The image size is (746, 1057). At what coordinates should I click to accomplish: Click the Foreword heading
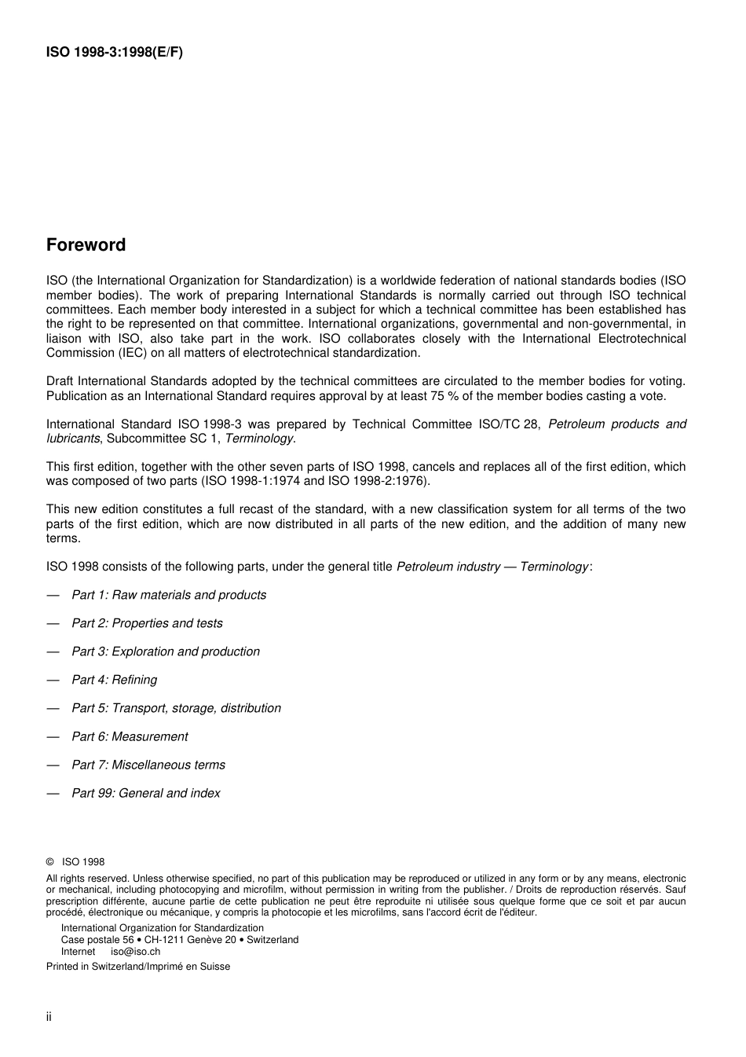(x=86, y=245)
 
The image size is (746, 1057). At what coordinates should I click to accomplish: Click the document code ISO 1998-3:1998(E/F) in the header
(x=115, y=53)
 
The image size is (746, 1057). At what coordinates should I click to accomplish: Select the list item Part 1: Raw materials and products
(x=169, y=595)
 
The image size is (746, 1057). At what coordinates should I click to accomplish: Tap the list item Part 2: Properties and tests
(x=147, y=623)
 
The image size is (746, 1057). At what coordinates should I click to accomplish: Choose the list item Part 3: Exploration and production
(x=166, y=651)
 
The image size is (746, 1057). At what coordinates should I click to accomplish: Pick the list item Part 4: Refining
(x=115, y=680)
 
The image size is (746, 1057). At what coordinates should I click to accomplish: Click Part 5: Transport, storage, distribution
(x=176, y=708)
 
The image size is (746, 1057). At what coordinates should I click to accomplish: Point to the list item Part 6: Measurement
(x=130, y=736)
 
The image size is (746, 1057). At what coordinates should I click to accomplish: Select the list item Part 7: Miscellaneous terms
(x=148, y=765)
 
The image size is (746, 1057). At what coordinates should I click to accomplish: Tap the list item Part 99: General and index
(x=146, y=793)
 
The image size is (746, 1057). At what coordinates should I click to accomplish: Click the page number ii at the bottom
(x=49, y=1017)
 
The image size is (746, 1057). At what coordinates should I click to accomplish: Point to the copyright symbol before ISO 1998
(x=50, y=862)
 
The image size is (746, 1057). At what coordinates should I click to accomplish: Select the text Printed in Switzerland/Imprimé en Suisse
(x=138, y=967)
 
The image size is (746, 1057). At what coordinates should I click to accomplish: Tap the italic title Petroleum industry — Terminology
(x=492, y=567)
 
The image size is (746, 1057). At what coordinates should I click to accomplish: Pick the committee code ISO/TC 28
(x=509, y=424)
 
